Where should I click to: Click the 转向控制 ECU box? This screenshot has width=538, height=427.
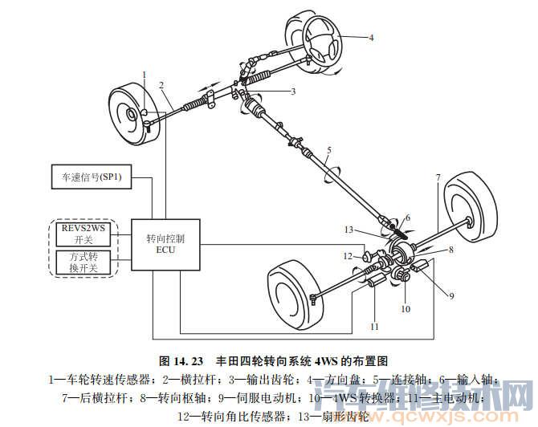tap(166, 244)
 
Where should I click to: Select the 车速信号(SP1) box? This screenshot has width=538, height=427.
tap(92, 176)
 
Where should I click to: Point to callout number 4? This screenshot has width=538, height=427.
tap(371, 37)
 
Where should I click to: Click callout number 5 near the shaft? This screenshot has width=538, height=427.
tap(328, 150)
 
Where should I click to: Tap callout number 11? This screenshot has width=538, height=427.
tap(374, 327)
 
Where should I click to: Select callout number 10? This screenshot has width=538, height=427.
tap(406, 308)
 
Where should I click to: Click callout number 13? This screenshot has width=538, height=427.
tap(349, 230)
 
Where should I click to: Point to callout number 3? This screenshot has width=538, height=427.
tap(293, 91)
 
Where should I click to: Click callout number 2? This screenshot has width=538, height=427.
tap(161, 84)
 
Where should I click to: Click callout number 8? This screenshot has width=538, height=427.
tap(451, 250)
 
